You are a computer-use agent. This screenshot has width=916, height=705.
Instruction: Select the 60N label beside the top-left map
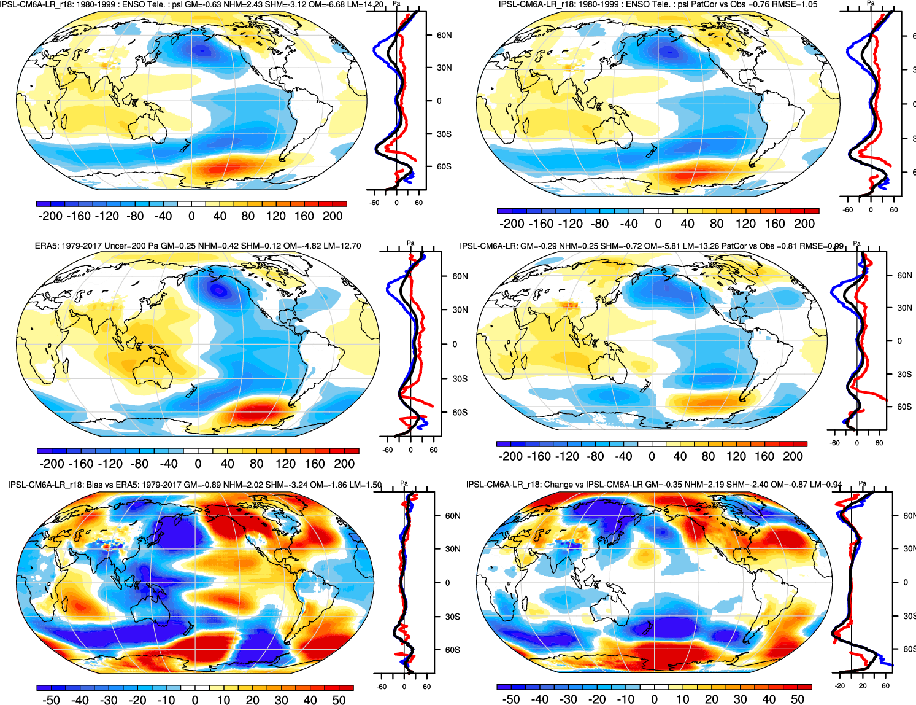pos(444,35)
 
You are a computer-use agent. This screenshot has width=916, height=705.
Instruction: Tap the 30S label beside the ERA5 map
pos(460,378)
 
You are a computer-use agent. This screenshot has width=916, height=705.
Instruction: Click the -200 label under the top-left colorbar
pos(50,216)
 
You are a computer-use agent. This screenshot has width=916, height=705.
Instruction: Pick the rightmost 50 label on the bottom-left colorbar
pos(339,699)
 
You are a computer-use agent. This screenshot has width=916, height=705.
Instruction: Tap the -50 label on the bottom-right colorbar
pos(510,699)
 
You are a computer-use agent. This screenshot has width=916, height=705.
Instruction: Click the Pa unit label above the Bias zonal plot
pos(404,483)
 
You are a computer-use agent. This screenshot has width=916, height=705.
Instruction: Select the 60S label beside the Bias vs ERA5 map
pos(452,650)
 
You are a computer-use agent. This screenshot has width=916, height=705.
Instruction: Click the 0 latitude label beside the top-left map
pos(439,101)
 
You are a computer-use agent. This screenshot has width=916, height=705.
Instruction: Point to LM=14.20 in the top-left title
pos(366,4)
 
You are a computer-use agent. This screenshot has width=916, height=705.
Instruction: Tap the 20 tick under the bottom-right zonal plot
pos(863,686)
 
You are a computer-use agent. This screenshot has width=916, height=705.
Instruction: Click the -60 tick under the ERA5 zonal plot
pos(388,450)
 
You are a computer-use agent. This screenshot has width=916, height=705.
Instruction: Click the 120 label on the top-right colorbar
pos(745,224)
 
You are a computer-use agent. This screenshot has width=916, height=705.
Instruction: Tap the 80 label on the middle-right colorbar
pos(708,456)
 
